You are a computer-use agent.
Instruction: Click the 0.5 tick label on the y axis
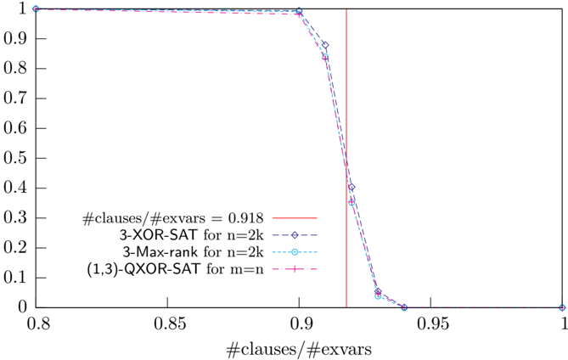[x=15, y=158]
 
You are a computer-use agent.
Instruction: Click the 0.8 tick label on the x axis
[x=39, y=323]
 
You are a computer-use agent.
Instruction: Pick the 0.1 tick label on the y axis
[x=15, y=278]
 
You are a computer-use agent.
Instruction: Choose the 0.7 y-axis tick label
[x=15, y=98]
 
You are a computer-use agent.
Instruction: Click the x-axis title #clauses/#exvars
[x=299, y=350]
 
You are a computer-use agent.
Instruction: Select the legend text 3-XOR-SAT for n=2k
[x=192, y=235]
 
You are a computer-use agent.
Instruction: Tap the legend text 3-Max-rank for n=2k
[x=193, y=251]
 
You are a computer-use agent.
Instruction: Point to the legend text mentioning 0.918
[x=173, y=218]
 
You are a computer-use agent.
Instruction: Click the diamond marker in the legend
[x=295, y=235]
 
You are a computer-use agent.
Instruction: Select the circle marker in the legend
[x=295, y=251]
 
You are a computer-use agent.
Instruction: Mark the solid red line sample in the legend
[x=295, y=218]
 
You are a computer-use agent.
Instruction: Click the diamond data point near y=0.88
[x=325, y=45]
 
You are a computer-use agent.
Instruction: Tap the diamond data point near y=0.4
[x=351, y=188]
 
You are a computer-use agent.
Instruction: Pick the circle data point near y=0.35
[x=351, y=202]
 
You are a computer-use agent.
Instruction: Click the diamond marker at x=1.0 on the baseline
[x=562, y=307]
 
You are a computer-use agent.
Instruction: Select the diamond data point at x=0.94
[x=404, y=307]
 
